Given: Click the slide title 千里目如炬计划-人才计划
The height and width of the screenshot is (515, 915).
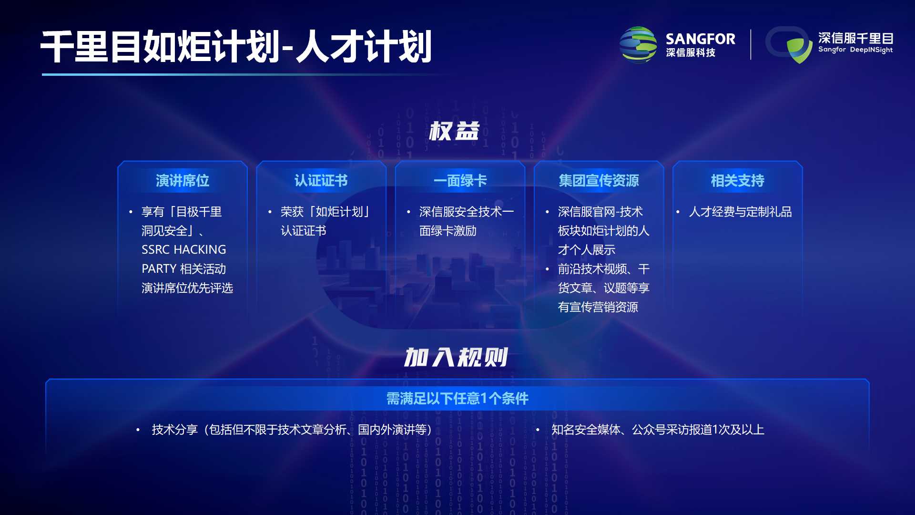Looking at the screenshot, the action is pos(236,46).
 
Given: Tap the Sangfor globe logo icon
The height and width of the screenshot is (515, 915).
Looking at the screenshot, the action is pos(638,45).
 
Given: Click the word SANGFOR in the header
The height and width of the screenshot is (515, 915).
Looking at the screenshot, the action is pos(700,39).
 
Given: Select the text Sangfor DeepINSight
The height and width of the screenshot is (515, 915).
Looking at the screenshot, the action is pos(855,50).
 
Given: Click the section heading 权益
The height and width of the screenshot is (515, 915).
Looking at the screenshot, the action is pos(454,131).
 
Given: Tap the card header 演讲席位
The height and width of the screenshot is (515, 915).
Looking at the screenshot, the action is pos(183,181).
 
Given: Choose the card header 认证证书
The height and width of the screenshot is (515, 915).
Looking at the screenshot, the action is pos(321,181).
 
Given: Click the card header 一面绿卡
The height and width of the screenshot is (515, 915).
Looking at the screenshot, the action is pos(460,181).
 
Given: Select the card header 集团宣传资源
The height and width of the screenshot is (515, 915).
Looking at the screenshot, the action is pos(599,181).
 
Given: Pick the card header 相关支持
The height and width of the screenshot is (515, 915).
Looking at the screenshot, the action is pos(737,181).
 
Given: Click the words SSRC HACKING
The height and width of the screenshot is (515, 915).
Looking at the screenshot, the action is pos(184,249).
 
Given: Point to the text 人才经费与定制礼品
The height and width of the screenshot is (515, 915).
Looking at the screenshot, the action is pos(740,212).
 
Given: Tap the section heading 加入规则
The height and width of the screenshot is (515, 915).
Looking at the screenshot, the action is pos(456,357).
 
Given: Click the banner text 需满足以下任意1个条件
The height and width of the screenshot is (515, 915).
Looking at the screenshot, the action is pos(457,398).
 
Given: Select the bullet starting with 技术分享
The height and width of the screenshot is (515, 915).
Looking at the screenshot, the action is pos(292,430).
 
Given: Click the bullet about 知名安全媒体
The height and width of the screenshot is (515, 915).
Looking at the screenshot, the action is pos(658,430).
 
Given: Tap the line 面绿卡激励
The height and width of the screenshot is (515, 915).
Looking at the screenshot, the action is pos(448,231).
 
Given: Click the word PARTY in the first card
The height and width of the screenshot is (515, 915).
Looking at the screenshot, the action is pos(159,269).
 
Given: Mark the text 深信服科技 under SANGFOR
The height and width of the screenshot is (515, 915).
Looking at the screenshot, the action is pos(691,53).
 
